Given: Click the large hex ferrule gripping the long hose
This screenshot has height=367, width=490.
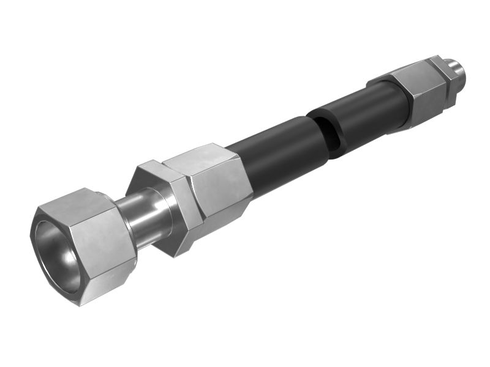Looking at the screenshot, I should coord(211,183).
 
